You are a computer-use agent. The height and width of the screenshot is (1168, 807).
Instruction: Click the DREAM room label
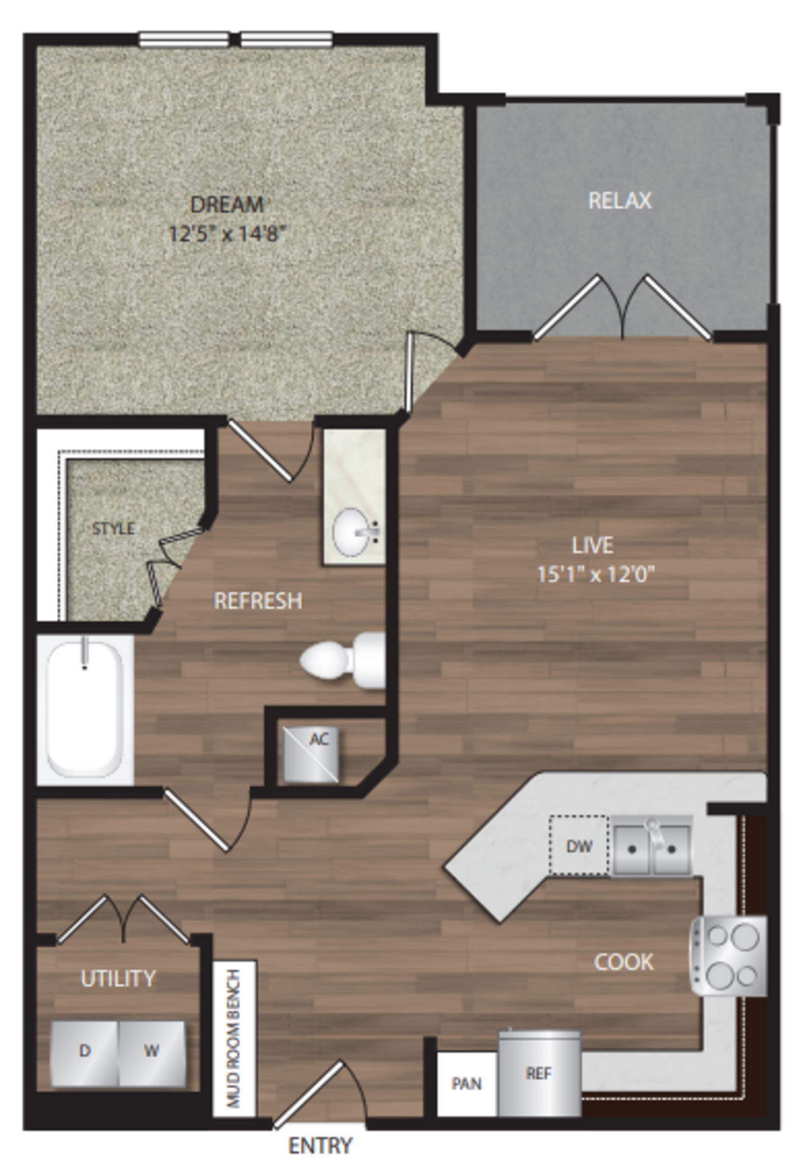click(x=227, y=204)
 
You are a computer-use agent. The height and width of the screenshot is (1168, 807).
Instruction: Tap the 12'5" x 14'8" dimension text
click(x=227, y=234)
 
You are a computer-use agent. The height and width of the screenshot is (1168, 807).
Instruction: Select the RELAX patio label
click(x=620, y=201)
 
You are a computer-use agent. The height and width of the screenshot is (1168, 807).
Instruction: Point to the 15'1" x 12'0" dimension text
click(x=596, y=574)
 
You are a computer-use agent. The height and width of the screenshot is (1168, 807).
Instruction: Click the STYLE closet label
click(x=113, y=529)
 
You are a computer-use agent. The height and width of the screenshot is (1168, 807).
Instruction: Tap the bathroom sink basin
click(x=351, y=532)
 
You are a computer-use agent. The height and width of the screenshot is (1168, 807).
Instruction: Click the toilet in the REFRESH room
click(x=343, y=661)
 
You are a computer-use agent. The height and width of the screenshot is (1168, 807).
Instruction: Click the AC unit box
click(x=310, y=754)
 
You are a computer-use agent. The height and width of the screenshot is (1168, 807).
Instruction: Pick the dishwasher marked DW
click(x=579, y=846)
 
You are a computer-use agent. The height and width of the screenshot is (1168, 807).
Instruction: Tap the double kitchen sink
click(x=652, y=846)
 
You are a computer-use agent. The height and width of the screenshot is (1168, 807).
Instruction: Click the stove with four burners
click(x=728, y=956)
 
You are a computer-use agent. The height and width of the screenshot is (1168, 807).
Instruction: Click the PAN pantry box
click(x=467, y=1083)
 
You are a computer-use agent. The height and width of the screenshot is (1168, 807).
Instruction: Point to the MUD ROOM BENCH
click(x=234, y=1038)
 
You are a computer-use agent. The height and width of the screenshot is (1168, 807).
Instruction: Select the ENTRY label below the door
click(x=320, y=1146)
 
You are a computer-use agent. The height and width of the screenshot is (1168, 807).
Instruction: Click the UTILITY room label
click(x=118, y=978)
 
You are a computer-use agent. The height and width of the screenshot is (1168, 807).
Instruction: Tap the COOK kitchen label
click(x=624, y=962)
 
